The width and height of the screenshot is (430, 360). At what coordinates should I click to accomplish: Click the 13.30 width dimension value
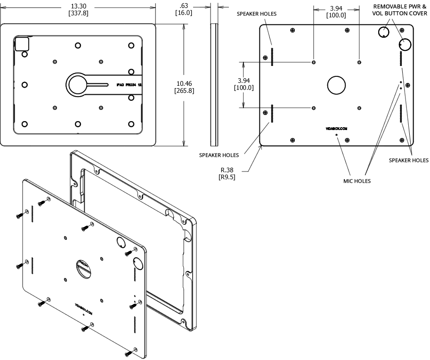click(x=79, y=6)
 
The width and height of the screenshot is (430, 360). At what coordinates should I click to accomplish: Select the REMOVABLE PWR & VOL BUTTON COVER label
click(x=400, y=9)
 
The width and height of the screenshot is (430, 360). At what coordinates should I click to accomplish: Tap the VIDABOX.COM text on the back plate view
click(x=336, y=128)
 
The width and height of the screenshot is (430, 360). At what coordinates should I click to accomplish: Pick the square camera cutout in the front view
click(x=23, y=44)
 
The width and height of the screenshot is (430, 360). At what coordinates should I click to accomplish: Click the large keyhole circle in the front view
click(x=77, y=85)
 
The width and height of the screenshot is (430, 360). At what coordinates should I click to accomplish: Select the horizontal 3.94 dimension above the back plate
click(x=336, y=8)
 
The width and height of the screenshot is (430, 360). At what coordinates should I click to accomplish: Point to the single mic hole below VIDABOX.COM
click(x=337, y=135)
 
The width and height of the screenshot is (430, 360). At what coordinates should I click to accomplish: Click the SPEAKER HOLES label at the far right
click(x=408, y=160)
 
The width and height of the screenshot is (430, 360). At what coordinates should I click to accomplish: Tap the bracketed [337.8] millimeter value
click(x=79, y=13)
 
